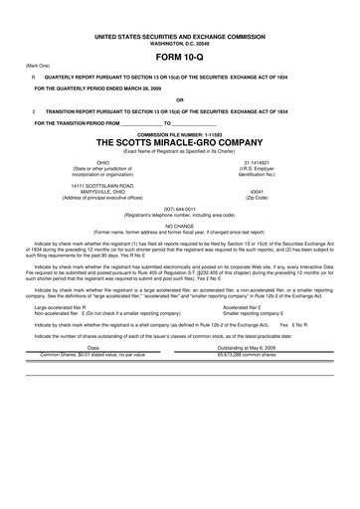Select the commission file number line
[x=180, y=132]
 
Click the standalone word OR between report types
[x=180, y=99]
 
